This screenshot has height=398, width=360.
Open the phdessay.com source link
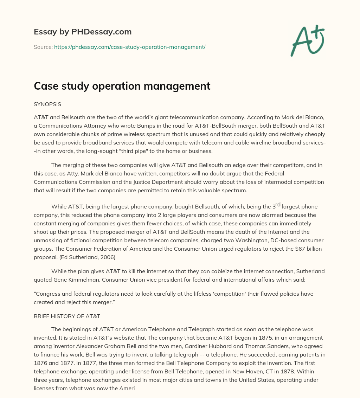[x=130, y=47]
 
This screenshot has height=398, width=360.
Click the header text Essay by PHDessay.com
[x=83, y=32]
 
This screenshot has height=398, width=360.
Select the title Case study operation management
[x=122, y=86]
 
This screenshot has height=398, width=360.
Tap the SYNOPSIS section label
[x=47, y=104]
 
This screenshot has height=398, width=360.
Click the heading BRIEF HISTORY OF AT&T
[x=67, y=316]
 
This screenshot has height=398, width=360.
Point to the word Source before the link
[x=43, y=47]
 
